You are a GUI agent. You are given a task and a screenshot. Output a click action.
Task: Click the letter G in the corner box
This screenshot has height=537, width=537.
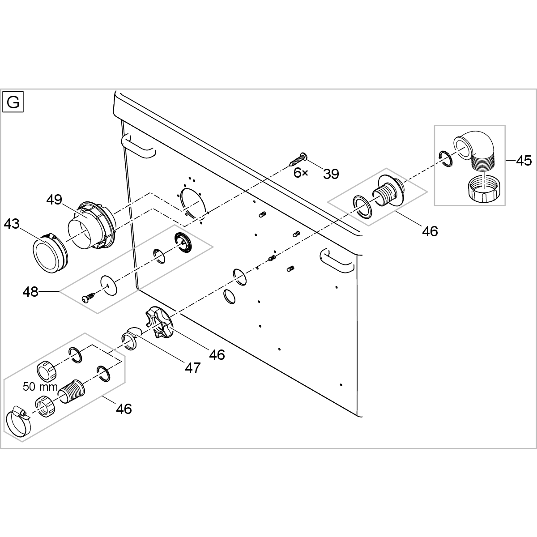[x=13, y=102]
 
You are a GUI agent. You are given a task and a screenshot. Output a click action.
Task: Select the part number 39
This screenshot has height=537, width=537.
[x=331, y=174]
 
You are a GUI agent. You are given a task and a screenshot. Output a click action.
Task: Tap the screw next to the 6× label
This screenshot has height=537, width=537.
[x=297, y=158]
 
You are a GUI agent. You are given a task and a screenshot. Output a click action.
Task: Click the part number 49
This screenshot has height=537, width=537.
[x=54, y=200]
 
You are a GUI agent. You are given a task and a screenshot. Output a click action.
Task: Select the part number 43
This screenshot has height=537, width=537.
[x=12, y=223]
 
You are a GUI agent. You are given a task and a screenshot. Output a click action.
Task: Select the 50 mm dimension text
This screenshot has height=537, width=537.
[x=40, y=387]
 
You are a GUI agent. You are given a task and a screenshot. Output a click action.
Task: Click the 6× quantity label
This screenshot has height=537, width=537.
[x=301, y=173]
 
